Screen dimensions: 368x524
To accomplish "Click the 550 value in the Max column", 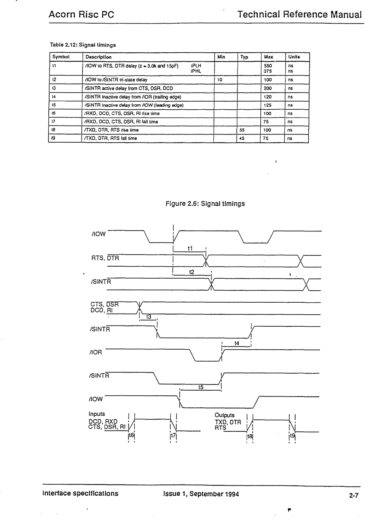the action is coord(268,66).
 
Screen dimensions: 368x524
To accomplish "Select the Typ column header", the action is coord(244,57).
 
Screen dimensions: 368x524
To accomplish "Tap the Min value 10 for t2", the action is coord(220,80).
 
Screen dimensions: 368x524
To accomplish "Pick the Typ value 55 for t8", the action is coord(242,130).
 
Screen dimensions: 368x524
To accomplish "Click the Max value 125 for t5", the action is coord(267,105).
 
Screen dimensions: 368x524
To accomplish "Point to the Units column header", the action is coord(294,57).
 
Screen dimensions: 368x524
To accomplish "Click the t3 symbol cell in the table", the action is coord(54,88).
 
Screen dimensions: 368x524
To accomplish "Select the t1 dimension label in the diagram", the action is coord(190,248).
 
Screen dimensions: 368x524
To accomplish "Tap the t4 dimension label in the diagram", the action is coord(237,343).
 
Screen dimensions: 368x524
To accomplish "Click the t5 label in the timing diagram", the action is coord(201,387).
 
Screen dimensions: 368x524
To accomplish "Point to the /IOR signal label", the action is coord(96,352).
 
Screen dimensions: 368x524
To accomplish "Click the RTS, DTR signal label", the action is coord(105,258).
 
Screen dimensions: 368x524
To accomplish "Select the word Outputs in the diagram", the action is coord(224,415).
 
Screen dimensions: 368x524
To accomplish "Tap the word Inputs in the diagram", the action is coord(96,414).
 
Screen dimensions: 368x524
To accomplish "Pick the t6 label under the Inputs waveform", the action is coord(132,435).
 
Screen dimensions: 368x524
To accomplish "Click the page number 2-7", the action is coord(354,495).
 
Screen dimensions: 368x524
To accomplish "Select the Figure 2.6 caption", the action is coord(205,203).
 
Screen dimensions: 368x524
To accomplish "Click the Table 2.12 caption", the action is coord(83,45).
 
